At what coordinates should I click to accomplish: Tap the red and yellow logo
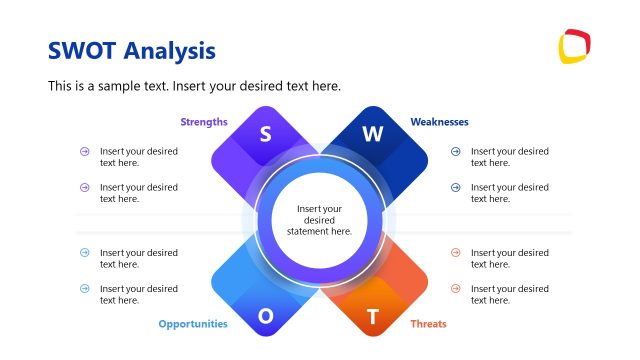574,46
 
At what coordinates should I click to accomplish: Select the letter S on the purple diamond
266,134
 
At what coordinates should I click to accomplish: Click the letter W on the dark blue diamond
373,134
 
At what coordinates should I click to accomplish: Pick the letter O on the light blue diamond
266,316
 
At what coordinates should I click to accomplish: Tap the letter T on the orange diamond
373,317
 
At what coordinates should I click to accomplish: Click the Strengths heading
204,122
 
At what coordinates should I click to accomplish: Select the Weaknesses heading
439,122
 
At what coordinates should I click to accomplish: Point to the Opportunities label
193,324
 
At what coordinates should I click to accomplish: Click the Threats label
428,324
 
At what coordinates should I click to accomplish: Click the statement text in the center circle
320,220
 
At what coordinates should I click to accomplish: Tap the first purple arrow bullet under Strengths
85,152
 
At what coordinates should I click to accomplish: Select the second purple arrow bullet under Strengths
85,187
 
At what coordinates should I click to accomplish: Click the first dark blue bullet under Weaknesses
455,152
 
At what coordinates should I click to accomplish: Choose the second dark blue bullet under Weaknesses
455,187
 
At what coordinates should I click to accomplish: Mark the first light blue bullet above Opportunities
85,253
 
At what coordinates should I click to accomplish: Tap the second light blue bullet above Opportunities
85,289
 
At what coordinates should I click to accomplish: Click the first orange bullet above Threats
455,253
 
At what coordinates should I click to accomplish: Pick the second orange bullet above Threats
455,289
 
